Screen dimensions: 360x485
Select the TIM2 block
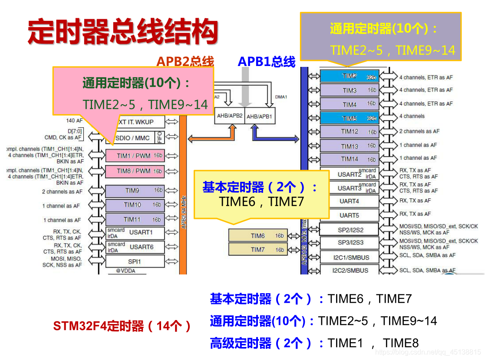point(350,76)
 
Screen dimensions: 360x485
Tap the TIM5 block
point(350,118)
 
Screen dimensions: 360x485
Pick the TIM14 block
point(350,159)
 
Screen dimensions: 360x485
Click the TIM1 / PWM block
point(135,156)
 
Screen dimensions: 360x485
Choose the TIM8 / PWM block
point(135,171)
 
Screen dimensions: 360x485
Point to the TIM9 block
point(135,190)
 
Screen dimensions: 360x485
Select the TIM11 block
point(135,219)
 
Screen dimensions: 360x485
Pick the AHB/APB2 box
point(231,116)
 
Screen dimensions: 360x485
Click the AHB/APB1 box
point(260,116)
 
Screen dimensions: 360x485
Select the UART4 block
point(349,201)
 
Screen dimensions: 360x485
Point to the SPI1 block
point(135,261)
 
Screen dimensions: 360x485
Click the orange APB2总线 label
point(185,62)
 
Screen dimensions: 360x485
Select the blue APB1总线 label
point(266,62)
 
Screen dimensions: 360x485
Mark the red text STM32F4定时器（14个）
point(122,326)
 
